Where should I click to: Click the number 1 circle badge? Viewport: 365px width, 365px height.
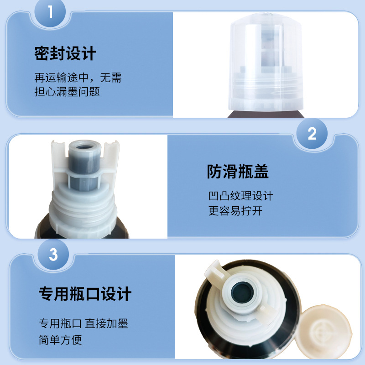tap(51, 11)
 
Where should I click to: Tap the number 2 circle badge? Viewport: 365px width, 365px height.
tap(312, 134)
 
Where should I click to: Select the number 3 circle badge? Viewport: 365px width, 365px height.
tap(53, 254)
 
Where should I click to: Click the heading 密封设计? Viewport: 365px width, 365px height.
tap(65, 54)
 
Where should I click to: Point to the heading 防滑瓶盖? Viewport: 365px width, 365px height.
tap(238, 172)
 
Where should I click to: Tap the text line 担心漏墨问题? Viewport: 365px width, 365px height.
tap(67, 91)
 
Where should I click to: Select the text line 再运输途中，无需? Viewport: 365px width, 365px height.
tap(78, 78)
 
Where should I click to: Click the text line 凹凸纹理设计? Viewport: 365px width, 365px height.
tap(240, 196)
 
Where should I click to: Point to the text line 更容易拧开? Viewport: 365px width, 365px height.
tap(235, 211)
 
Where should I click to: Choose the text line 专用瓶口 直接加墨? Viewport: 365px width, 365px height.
tap(83, 324)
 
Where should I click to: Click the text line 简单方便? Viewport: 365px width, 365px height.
tap(60, 340)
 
